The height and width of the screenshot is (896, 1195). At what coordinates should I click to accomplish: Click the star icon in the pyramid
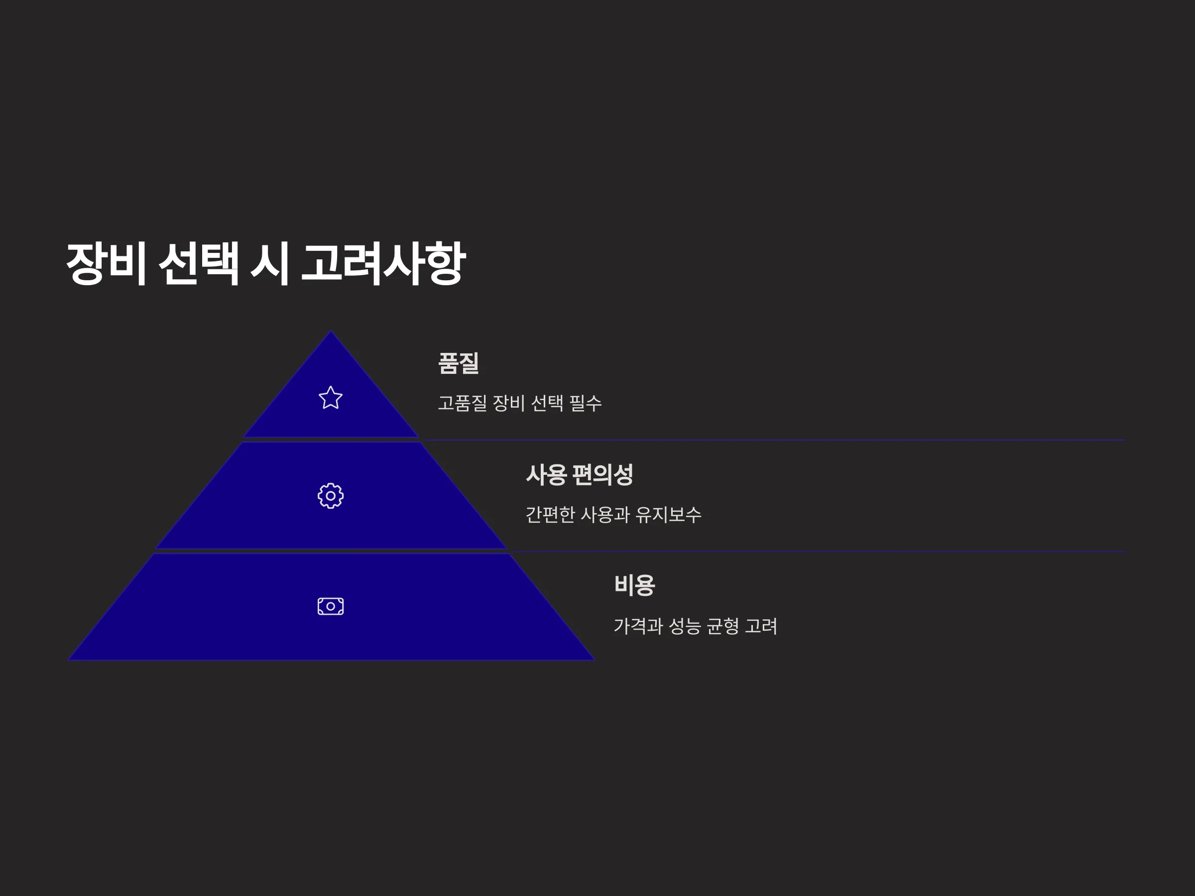pyautogui.click(x=331, y=398)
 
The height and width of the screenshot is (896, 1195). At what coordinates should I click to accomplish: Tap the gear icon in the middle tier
pyautogui.click(x=331, y=496)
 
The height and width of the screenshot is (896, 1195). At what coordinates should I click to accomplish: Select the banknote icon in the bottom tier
pyautogui.click(x=331, y=606)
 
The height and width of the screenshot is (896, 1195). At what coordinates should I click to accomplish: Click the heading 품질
pyautogui.click(x=459, y=363)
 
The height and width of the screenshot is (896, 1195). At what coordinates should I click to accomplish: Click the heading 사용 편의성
pyautogui.click(x=580, y=475)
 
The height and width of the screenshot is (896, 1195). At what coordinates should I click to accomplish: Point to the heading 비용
pyautogui.click(x=635, y=585)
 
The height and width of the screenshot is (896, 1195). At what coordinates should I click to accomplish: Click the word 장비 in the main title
pyautogui.click(x=107, y=263)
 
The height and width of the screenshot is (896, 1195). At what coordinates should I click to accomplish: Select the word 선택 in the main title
pyautogui.click(x=199, y=263)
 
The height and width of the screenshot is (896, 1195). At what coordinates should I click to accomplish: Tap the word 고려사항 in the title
pyautogui.click(x=383, y=263)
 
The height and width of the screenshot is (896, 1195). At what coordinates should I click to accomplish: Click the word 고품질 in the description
pyautogui.click(x=463, y=403)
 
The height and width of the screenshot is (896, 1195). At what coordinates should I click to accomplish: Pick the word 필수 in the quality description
pyautogui.click(x=586, y=403)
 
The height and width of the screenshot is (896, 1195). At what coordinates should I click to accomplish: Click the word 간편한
pyautogui.click(x=551, y=514)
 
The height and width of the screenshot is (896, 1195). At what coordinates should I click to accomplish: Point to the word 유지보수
pyautogui.click(x=669, y=514)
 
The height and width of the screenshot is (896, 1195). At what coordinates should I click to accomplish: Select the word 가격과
pyautogui.click(x=638, y=626)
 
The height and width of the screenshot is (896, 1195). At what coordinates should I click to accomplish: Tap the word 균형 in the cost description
pyautogui.click(x=723, y=626)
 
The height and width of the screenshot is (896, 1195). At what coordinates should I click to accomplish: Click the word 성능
pyautogui.click(x=685, y=626)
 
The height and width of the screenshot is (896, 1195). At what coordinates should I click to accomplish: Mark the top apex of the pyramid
pyautogui.click(x=331, y=331)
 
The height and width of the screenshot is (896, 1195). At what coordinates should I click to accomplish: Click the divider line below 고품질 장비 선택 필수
pyautogui.click(x=773, y=440)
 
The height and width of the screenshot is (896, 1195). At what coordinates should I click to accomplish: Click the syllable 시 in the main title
pyautogui.click(x=269, y=263)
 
